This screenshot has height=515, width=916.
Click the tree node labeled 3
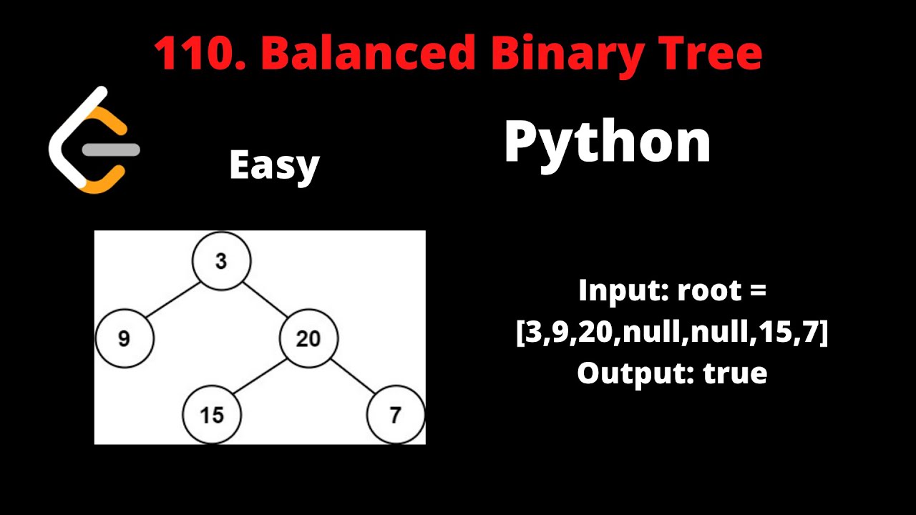pos(221,261)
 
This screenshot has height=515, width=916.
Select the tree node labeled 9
pos(125,338)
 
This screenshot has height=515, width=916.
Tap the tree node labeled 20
pos(308,338)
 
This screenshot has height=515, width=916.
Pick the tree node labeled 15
pos(212,415)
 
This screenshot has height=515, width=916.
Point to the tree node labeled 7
pos(396,415)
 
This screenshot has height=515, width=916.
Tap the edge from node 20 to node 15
pos(260,377)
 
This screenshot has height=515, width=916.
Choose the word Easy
pos(274,166)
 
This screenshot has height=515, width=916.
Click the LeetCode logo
pos(94,139)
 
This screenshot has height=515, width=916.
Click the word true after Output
pos(735,373)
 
